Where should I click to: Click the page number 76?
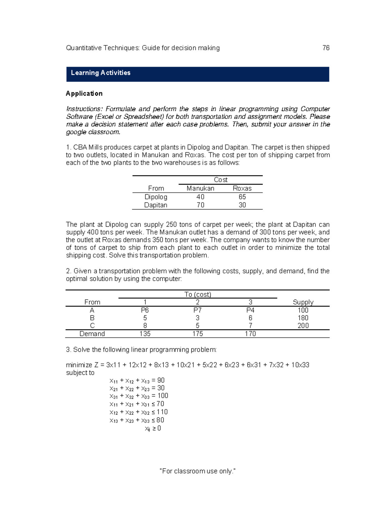click(326, 48)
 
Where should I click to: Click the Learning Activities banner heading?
click(101, 73)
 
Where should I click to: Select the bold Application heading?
click(84, 93)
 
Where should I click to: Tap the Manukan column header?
click(200, 188)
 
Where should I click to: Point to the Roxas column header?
click(242, 188)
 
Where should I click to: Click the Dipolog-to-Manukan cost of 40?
click(200, 197)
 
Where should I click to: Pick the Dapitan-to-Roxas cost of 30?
click(242, 205)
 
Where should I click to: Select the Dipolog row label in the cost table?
click(156, 197)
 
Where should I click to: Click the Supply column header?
click(303, 302)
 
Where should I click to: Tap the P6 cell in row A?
click(145, 310)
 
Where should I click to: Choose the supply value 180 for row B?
click(303, 318)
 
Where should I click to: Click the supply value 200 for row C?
click(303, 326)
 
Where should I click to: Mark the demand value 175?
click(198, 334)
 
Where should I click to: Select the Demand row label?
click(92, 334)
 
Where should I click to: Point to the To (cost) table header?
click(198, 294)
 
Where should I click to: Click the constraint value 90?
click(161, 380)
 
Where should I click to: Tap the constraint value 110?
click(162, 412)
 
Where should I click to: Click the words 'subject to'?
click(80, 373)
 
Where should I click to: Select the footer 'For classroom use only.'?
click(197, 471)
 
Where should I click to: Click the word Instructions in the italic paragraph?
click(84, 109)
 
